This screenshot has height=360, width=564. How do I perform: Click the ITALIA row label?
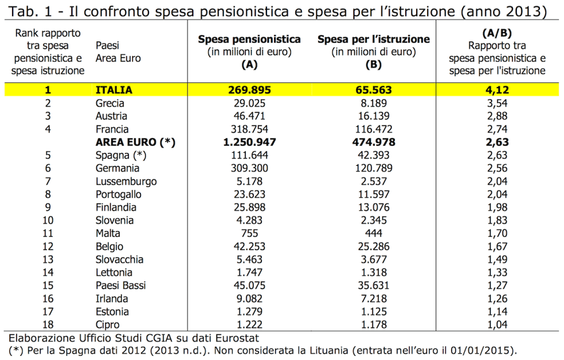114,90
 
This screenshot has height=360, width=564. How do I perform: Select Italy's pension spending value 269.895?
249,90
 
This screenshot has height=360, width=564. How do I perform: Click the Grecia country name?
110,104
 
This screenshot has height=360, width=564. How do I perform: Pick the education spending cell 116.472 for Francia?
374,130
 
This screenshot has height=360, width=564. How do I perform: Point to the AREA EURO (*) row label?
135,142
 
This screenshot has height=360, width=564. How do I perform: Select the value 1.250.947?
249,142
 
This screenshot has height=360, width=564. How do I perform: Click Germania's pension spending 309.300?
249,168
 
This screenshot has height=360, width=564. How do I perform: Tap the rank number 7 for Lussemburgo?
49,181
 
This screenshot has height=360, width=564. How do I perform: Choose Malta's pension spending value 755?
249,233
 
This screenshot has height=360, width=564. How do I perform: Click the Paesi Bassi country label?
121,286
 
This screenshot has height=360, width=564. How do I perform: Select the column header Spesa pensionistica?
249,39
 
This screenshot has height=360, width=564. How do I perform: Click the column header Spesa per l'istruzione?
374,39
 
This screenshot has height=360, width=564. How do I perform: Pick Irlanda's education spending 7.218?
374,298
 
